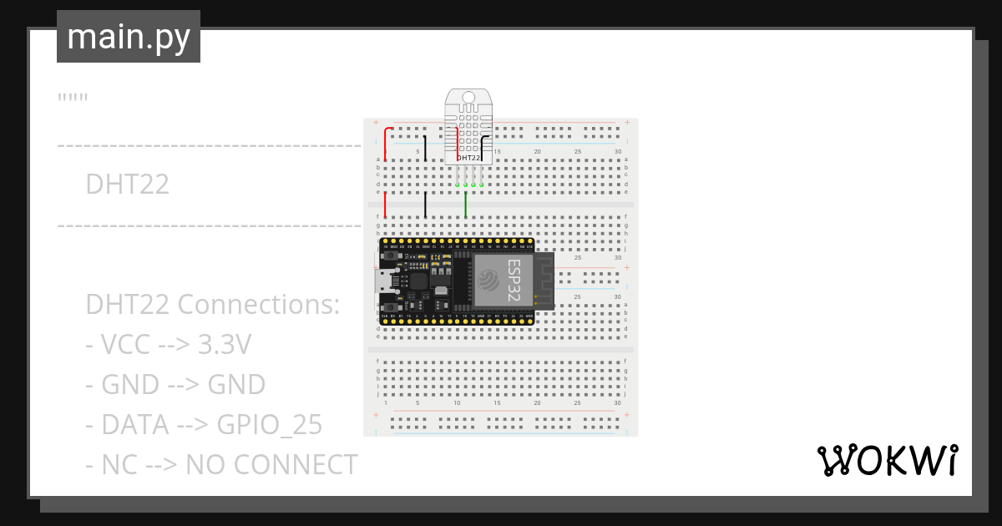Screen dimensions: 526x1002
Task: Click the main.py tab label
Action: pos(129,37)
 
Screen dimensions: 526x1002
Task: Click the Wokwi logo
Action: pos(886,460)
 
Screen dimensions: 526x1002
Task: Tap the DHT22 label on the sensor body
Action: pos(468,158)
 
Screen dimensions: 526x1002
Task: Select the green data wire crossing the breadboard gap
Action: pos(465,205)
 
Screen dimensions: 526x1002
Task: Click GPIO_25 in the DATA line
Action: pos(269,425)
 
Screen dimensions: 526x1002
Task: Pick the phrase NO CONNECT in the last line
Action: pos(271,464)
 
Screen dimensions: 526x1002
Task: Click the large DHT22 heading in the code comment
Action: pos(127,185)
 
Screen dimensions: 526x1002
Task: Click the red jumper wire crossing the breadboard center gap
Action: pos(385,205)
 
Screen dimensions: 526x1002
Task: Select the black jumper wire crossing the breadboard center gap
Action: pos(425,205)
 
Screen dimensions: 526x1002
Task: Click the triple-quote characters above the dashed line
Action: pos(73,99)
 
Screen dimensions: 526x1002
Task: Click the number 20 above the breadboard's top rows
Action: pos(537,151)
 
